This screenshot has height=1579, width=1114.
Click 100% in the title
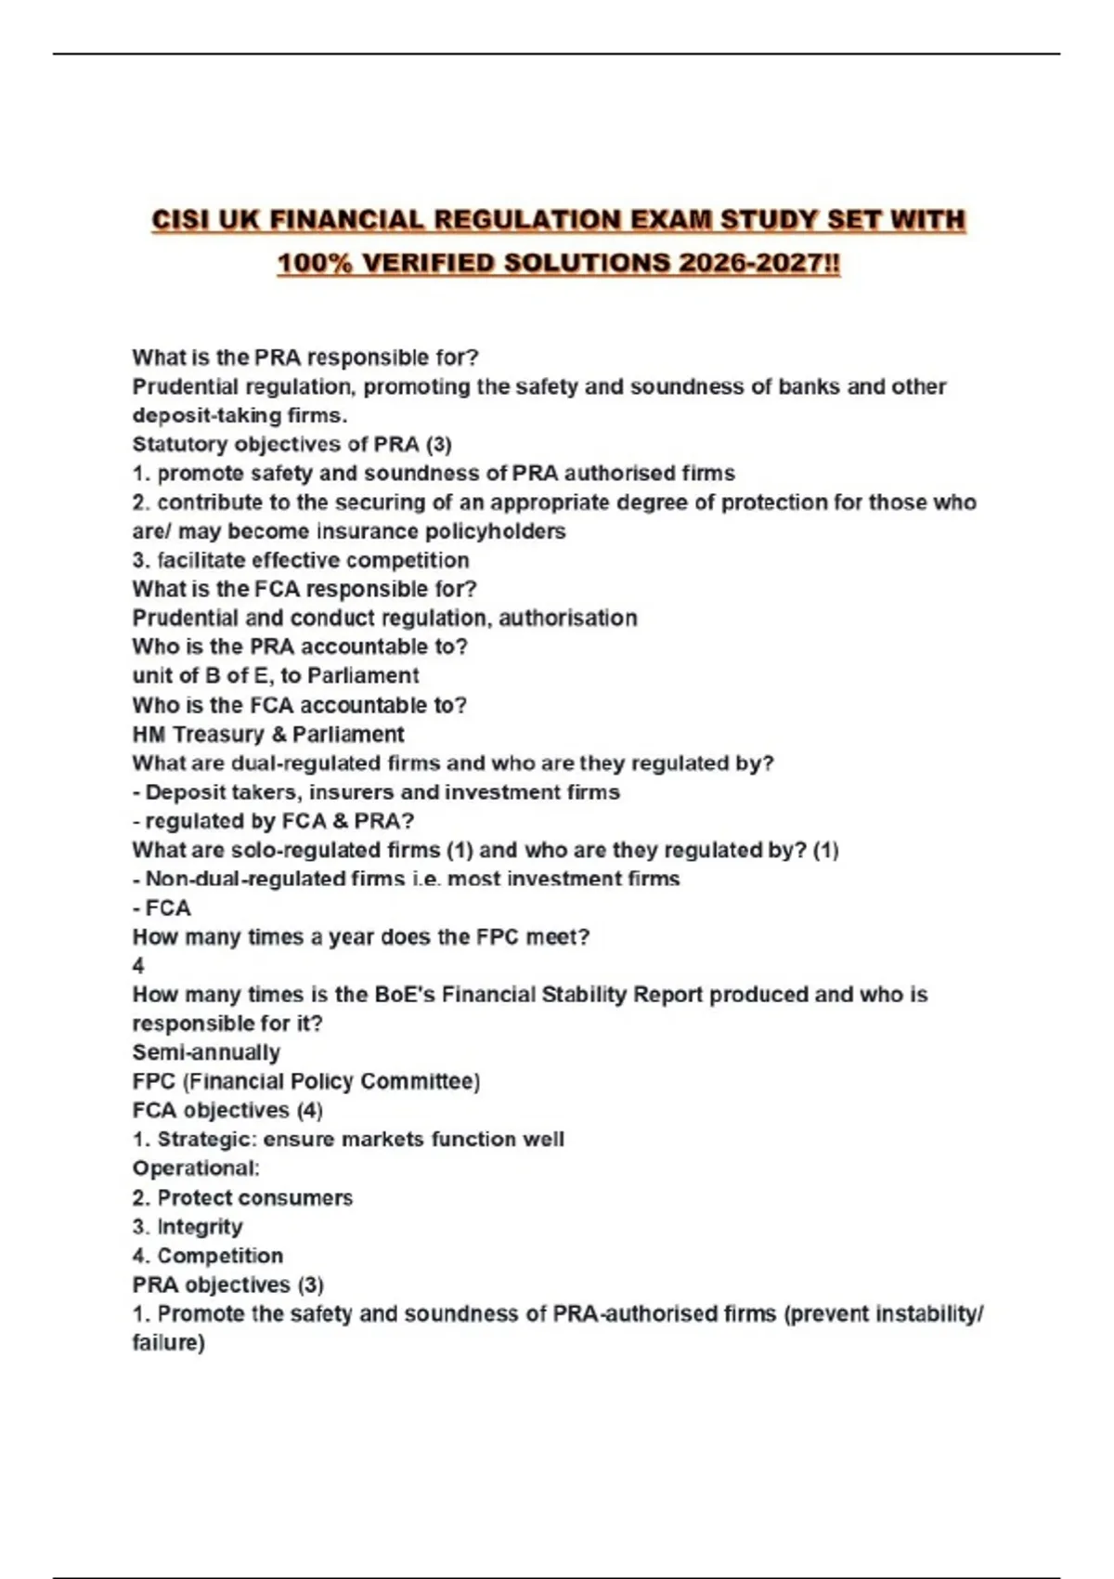tap(315, 264)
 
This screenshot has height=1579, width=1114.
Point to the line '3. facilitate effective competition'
tap(300, 560)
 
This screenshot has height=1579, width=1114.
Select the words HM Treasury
tap(198, 734)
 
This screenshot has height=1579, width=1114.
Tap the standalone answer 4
tap(138, 966)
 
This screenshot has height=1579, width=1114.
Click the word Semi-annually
tap(206, 1052)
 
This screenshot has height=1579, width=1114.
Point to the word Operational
tap(195, 1168)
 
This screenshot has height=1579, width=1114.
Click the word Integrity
tap(200, 1227)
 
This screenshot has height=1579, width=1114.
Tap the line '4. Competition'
tap(207, 1256)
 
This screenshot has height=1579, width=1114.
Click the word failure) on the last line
tap(168, 1343)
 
